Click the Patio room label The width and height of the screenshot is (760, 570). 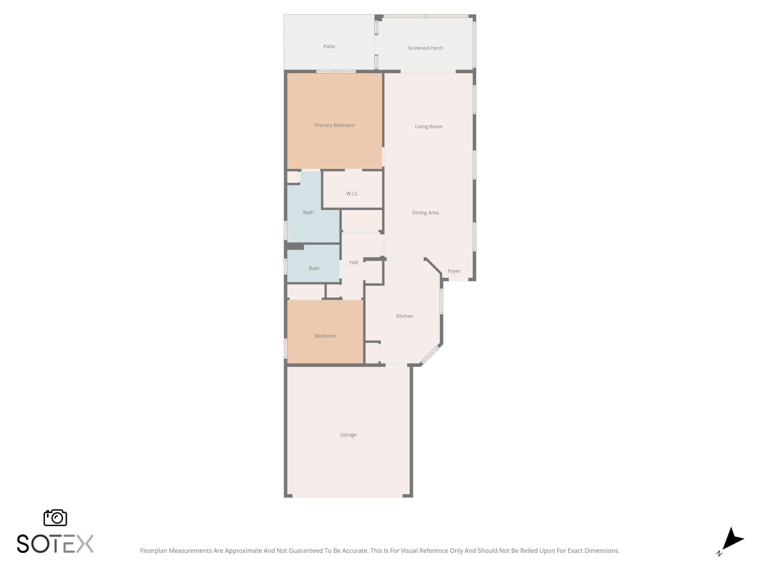pos(329,46)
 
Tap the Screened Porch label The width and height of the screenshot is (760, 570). pos(425,48)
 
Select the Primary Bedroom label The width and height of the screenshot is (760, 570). pos(334,125)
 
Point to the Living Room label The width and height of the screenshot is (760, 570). pos(429,126)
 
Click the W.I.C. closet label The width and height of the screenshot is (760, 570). pos(352,193)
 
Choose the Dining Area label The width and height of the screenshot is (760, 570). pos(425,213)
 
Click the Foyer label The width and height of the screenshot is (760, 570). pos(454,271)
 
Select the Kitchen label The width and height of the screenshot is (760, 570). pos(404,316)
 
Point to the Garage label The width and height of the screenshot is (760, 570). pos(348,435)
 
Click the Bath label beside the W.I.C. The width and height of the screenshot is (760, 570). pos(308,212)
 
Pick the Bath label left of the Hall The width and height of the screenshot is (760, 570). pos(314,268)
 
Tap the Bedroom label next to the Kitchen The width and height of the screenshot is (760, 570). pos(325,336)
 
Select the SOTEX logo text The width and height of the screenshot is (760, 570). pos(55,544)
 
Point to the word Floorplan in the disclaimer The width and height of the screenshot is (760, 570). pos(153,551)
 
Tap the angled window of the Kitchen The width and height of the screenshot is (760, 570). pos(430,355)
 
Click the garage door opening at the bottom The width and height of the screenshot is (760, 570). pos(347,496)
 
